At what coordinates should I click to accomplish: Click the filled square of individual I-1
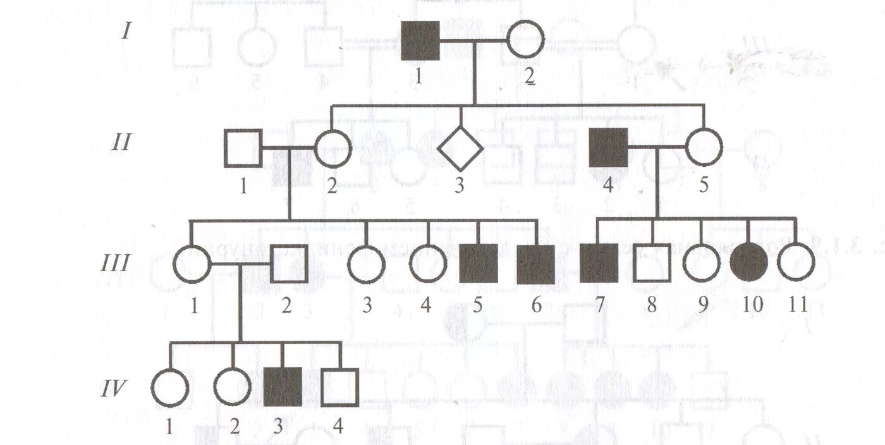coord(420,40)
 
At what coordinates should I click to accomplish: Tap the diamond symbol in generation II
coord(461,149)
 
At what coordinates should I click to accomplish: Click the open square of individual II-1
coord(243,148)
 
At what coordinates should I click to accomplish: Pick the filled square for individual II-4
coord(608,147)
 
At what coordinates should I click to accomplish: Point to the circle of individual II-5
coord(704,147)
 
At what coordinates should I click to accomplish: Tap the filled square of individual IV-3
coord(282,386)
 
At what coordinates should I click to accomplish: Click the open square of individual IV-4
coord(340,387)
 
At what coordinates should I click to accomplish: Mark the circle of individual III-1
coord(192,263)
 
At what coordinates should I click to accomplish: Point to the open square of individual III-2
coord(290,263)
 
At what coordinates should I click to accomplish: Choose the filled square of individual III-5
coord(479,263)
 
